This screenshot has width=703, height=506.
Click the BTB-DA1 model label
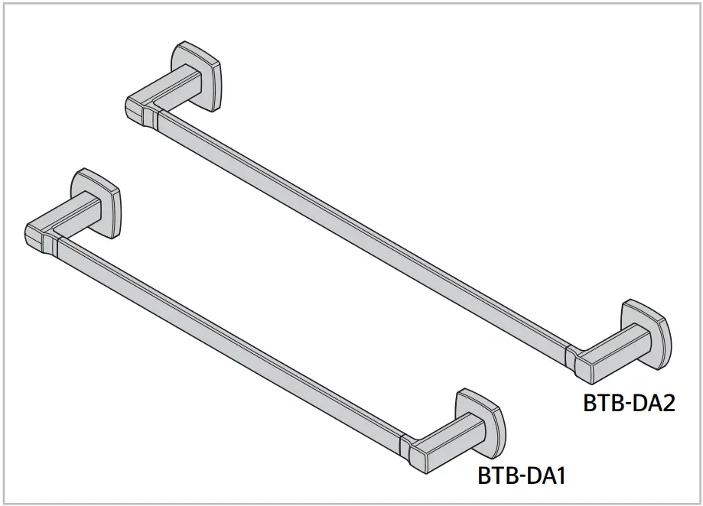521,476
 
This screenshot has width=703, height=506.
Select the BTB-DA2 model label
629,402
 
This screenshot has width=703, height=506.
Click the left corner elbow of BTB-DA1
35,235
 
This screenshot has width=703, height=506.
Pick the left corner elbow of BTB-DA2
135,107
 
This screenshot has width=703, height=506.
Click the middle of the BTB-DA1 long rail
229,342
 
